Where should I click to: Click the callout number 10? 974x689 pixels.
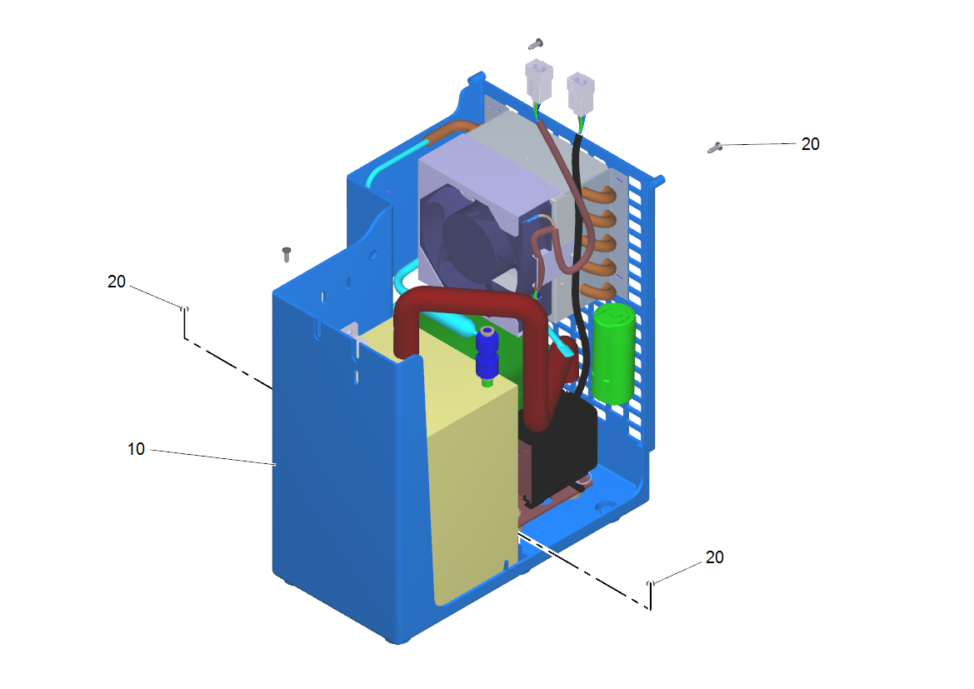click(x=136, y=449)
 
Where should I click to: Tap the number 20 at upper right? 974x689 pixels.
click(x=810, y=144)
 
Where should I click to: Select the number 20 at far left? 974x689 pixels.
click(x=116, y=282)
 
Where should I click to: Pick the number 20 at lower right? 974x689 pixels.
click(x=714, y=557)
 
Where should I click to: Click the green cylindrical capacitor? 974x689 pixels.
click(x=614, y=353)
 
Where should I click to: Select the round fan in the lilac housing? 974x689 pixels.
click(x=472, y=242)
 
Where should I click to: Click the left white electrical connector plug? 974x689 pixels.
click(x=538, y=79)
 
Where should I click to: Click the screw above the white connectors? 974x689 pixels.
click(x=536, y=44)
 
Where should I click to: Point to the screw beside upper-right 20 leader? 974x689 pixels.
click(x=714, y=147)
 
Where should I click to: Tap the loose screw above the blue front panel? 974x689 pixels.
click(x=287, y=254)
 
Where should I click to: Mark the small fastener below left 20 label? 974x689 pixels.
click(x=184, y=309)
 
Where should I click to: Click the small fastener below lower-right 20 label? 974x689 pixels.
click(x=651, y=583)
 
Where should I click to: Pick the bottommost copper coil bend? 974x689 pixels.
click(x=599, y=291)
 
